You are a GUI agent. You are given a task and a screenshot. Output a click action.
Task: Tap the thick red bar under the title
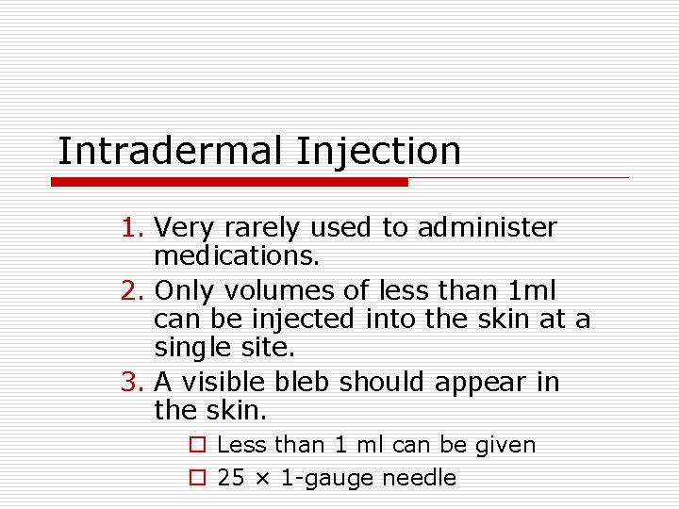pyautogui.click(x=229, y=182)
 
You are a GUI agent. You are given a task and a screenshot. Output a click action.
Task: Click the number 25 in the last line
pyautogui.click(x=230, y=478)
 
